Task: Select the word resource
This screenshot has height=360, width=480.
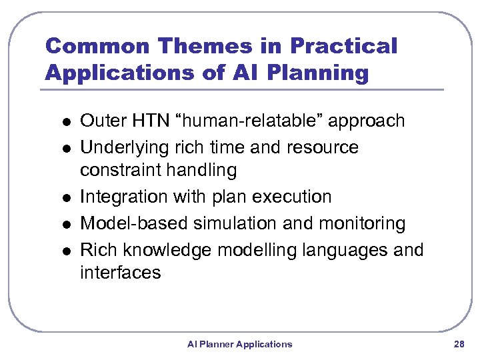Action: (x=323, y=147)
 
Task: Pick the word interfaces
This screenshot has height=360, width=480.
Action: (x=120, y=272)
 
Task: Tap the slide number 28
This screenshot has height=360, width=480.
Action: (x=458, y=344)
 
